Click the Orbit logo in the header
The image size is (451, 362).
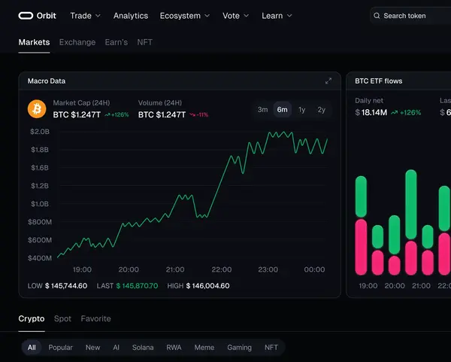click(37, 16)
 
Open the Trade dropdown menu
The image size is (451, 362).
click(86, 16)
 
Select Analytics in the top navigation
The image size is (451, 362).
click(131, 16)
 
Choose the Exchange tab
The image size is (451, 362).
click(77, 42)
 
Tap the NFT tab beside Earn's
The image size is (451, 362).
click(144, 42)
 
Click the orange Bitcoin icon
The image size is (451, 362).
click(37, 109)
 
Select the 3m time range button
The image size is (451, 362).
click(262, 109)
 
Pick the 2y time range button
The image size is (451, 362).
click(321, 109)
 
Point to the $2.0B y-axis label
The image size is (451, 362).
click(40, 132)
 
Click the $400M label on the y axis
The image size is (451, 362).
click(40, 258)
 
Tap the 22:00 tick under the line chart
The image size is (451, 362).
click(222, 269)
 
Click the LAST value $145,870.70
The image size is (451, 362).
click(137, 286)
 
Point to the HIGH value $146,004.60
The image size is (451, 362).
click(207, 286)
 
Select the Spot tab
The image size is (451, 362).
click(62, 318)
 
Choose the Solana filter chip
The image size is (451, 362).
click(143, 347)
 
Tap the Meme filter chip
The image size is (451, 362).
click(204, 347)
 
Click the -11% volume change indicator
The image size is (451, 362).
click(198, 114)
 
